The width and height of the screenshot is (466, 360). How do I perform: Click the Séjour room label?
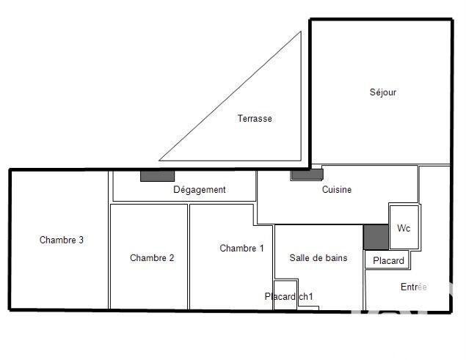[382, 92]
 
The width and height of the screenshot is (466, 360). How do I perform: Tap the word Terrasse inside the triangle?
[254, 119]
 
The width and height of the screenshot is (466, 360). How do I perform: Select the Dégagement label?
[199, 190]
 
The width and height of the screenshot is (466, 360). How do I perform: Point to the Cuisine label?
[337, 190]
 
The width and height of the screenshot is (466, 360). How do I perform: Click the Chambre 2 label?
[152, 257]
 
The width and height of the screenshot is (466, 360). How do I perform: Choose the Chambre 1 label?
[241, 249]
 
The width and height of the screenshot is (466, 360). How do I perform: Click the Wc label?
[404, 228]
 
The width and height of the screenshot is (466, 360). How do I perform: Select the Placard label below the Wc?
[388, 260]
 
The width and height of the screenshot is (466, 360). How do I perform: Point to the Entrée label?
[413, 287]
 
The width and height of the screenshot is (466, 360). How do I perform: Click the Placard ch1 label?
[289, 297]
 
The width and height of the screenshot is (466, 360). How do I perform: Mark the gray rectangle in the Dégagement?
[157, 176]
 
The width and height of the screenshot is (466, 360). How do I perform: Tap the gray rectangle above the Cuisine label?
[307, 175]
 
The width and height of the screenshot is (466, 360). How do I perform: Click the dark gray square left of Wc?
[375, 237]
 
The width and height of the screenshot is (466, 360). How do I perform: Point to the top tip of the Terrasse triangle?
[300, 32]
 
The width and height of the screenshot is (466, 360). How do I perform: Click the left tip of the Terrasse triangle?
[160, 160]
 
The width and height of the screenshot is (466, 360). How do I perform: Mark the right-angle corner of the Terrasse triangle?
[300, 160]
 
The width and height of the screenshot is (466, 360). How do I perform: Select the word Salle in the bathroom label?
[300, 258]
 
